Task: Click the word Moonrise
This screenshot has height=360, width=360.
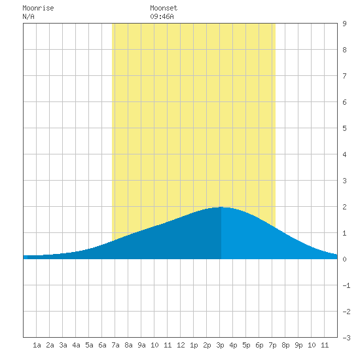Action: [38, 8]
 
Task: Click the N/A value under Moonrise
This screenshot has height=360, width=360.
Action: [28, 16]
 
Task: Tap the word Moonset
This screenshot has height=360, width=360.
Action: [164, 8]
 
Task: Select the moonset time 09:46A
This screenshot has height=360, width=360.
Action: [162, 16]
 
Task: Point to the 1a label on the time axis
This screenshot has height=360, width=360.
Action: [37, 345]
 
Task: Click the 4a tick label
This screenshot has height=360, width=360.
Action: [76, 345]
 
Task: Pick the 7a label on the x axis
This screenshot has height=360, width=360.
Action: [115, 345]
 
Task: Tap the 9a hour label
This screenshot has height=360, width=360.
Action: [141, 345]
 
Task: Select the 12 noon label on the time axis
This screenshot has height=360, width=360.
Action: [181, 345]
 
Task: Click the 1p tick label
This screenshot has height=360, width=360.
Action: [194, 345]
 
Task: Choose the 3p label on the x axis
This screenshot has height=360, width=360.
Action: [220, 345]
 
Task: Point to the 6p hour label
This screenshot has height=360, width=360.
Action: [259, 345]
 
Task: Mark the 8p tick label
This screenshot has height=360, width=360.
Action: [285, 345]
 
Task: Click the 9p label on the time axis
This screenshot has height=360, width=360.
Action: [298, 345]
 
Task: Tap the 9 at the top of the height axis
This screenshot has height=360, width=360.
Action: [344, 24]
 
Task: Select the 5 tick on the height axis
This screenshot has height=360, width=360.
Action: [344, 128]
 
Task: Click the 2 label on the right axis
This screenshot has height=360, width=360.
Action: [344, 207]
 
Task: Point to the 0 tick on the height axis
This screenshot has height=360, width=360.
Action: [344, 259]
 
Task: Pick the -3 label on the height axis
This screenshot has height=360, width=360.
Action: [346, 338]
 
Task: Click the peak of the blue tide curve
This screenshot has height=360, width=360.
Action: [221, 207]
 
